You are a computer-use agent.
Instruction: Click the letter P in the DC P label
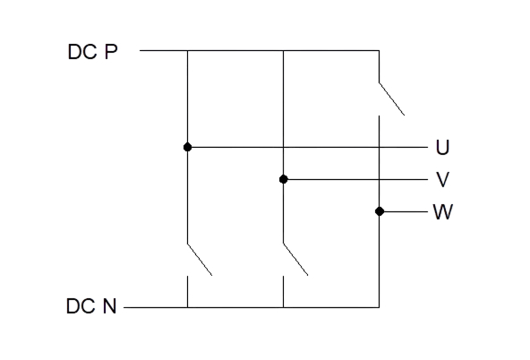[x=111, y=52]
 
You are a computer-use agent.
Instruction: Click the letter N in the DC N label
[x=109, y=306]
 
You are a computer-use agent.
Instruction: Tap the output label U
[x=442, y=148]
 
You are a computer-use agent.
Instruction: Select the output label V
[x=442, y=179]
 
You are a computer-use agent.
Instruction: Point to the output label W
[x=443, y=212]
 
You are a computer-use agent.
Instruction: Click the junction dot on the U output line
[x=188, y=147]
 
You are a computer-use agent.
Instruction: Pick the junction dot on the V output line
[x=284, y=179]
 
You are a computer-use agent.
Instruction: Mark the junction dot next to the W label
[x=380, y=211]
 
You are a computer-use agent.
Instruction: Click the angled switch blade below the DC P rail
[x=392, y=99]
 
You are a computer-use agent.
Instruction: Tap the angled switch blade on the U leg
[x=200, y=260]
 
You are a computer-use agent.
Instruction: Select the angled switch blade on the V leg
[x=295, y=260]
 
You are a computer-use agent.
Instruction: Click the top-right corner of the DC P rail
[x=379, y=51]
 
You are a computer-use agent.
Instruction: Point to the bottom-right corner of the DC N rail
[x=379, y=307]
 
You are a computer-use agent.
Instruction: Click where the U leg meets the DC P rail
[x=188, y=51]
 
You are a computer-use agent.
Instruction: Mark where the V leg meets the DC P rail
[x=283, y=51]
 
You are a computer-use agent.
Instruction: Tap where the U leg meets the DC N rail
[x=188, y=307]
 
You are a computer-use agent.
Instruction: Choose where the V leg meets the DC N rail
[x=283, y=307]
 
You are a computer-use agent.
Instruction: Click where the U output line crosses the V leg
[x=283, y=147]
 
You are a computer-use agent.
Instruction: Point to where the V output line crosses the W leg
[x=379, y=179]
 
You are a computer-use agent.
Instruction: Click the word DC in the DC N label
[x=81, y=306]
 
